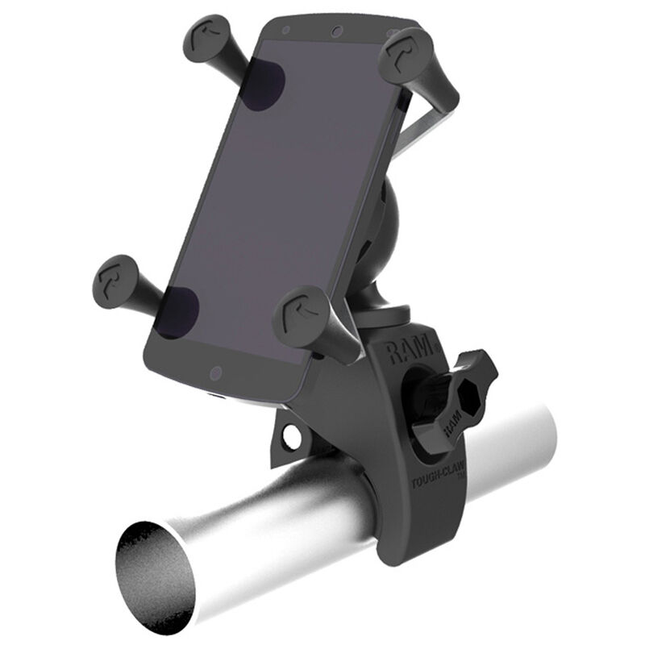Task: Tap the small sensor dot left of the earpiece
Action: tap(287, 30)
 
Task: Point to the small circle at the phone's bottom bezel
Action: tap(214, 373)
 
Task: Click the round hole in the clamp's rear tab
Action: tap(288, 436)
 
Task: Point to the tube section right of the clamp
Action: tap(516, 451)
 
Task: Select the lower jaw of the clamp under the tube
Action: tap(419, 548)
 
